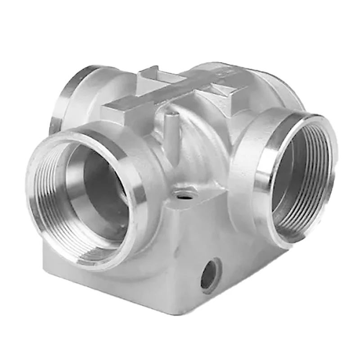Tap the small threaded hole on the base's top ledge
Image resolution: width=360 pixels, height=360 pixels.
click(x=185, y=195)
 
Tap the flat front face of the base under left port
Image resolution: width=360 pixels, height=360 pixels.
click(x=112, y=283)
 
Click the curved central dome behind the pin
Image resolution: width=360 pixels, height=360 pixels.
click(x=198, y=139)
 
